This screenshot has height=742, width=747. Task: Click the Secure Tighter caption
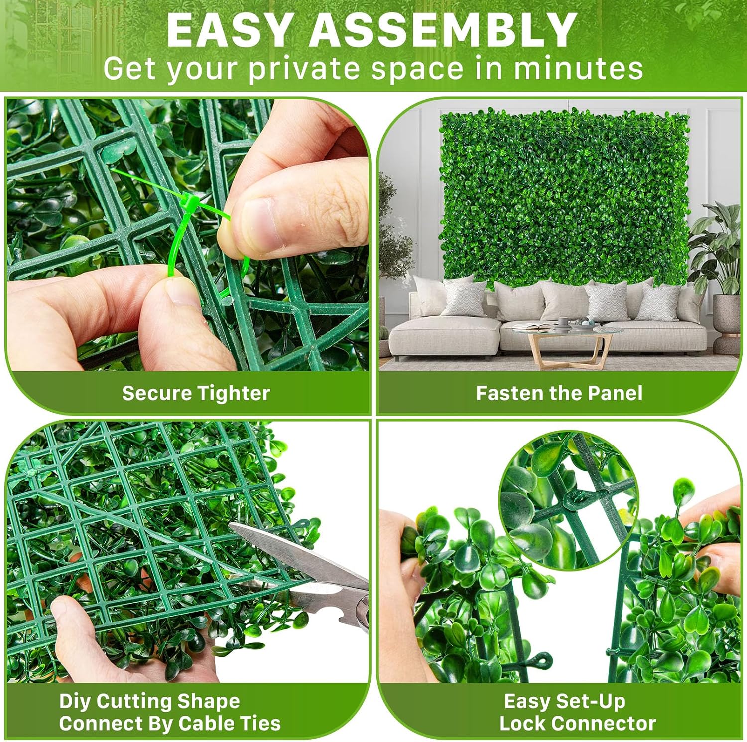(x=196, y=393)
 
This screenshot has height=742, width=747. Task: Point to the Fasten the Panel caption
(x=559, y=393)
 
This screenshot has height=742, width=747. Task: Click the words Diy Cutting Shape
(x=149, y=701)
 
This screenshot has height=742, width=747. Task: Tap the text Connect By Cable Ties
(x=170, y=723)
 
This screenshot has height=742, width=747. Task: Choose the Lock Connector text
(x=578, y=723)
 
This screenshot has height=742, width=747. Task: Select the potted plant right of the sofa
(x=717, y=264)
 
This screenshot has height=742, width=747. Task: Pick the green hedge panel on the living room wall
(x=564, y=199)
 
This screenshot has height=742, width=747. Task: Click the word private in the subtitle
(x=304, y=69)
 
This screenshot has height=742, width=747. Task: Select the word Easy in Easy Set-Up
(x=526, y=701)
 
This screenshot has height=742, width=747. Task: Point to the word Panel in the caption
(x=616, y=393)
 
